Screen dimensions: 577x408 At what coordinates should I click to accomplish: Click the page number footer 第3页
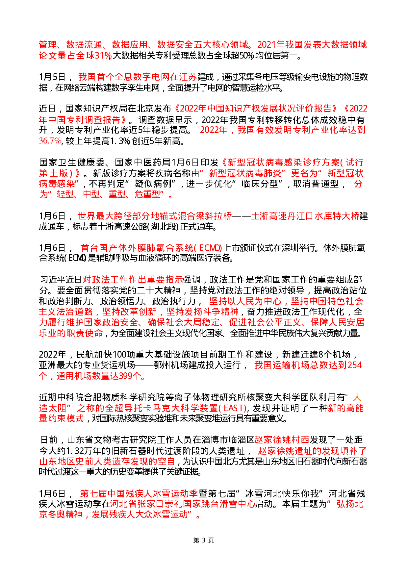tap(204, 540)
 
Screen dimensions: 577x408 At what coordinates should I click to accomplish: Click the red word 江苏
tap(188, 77)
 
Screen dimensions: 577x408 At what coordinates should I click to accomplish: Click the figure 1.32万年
tap(82, 451)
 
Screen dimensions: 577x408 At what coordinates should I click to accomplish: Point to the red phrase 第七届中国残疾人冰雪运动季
tap(139, 493)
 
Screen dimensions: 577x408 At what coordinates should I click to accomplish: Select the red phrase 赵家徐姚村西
tap(282, 440)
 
